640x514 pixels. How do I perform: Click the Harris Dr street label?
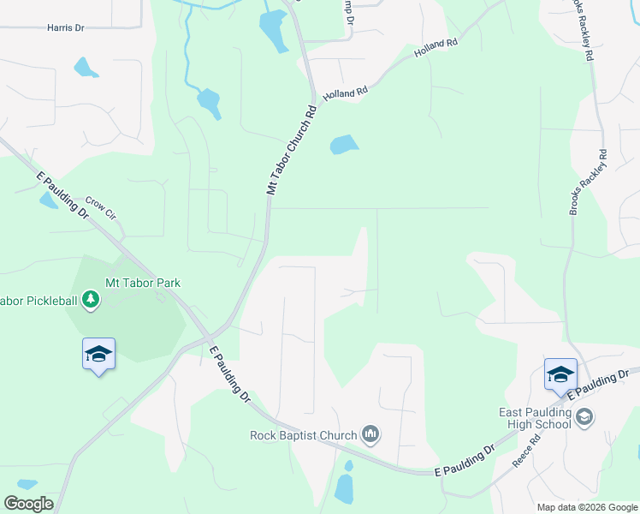[x=66, y=28]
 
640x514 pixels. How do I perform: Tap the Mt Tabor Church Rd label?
[x=292, y=150]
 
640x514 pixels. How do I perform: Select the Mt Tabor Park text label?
[x=143, y=283]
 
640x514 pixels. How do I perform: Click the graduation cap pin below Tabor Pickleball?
[x=98, y=354]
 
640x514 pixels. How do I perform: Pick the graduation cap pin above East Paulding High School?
[x=560, y=374]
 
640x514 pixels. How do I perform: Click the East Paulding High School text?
[x=535, y=418]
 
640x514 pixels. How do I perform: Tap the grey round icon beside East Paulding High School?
[x=585, y=417]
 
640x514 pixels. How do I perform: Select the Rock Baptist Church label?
[x=303, y=435]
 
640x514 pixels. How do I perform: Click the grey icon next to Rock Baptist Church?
[x=370, y=435]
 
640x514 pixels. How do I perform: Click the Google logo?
[x=28, y=504]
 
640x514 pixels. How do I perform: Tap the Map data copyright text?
[x=586, y=507]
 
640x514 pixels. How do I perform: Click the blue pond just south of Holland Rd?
[x=344, y=145]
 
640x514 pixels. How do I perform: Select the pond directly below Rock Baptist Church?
[x=345, y=487]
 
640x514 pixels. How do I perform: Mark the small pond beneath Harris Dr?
[x=86, y=67]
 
